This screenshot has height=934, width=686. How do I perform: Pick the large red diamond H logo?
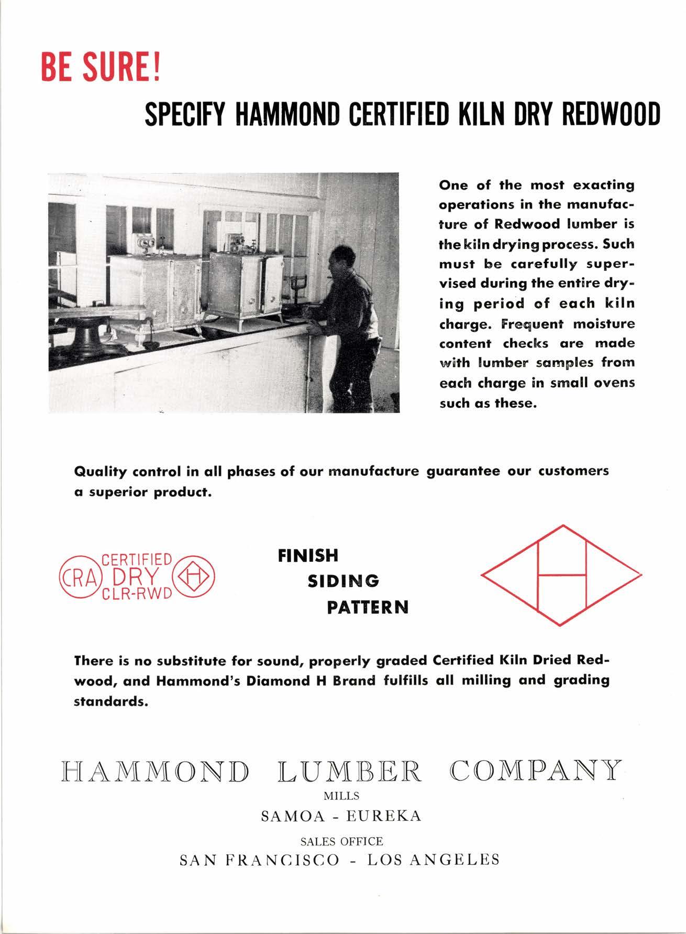561,575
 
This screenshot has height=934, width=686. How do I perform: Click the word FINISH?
308,556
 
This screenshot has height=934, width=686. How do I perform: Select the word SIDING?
343,581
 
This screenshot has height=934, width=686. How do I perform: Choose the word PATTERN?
368,608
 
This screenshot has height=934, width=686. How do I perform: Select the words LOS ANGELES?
433,860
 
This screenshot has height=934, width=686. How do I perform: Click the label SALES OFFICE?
341,841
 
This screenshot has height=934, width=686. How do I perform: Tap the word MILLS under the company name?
341,796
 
